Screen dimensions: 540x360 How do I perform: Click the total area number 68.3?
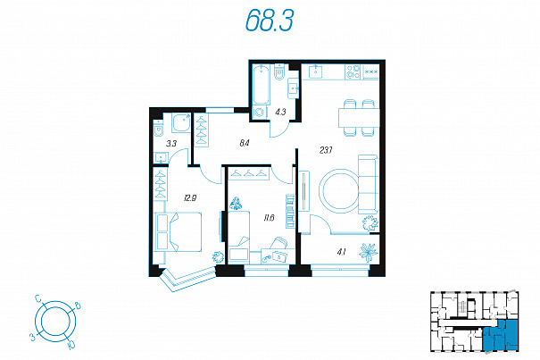270,20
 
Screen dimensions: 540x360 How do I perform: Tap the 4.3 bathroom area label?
280,112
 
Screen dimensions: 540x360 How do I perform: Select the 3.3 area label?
170,144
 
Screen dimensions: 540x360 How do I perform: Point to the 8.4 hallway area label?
245,143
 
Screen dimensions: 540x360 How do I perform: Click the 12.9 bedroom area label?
190,198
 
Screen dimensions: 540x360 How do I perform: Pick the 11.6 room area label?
269,218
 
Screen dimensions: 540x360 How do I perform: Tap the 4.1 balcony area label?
341,253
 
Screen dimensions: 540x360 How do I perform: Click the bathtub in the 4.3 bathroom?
261,85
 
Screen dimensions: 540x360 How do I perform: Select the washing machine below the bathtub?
260,113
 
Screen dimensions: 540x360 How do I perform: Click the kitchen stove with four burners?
353,71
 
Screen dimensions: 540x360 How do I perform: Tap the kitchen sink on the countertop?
316,71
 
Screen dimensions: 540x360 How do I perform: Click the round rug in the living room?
339,191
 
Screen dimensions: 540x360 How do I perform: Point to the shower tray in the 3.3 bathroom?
181,123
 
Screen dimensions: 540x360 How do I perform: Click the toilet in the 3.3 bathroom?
158,130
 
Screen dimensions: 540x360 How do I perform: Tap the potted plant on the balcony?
369,252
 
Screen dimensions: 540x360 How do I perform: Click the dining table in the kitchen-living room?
359,118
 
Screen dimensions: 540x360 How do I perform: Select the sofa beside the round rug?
369,184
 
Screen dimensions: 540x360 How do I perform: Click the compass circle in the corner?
55,322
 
